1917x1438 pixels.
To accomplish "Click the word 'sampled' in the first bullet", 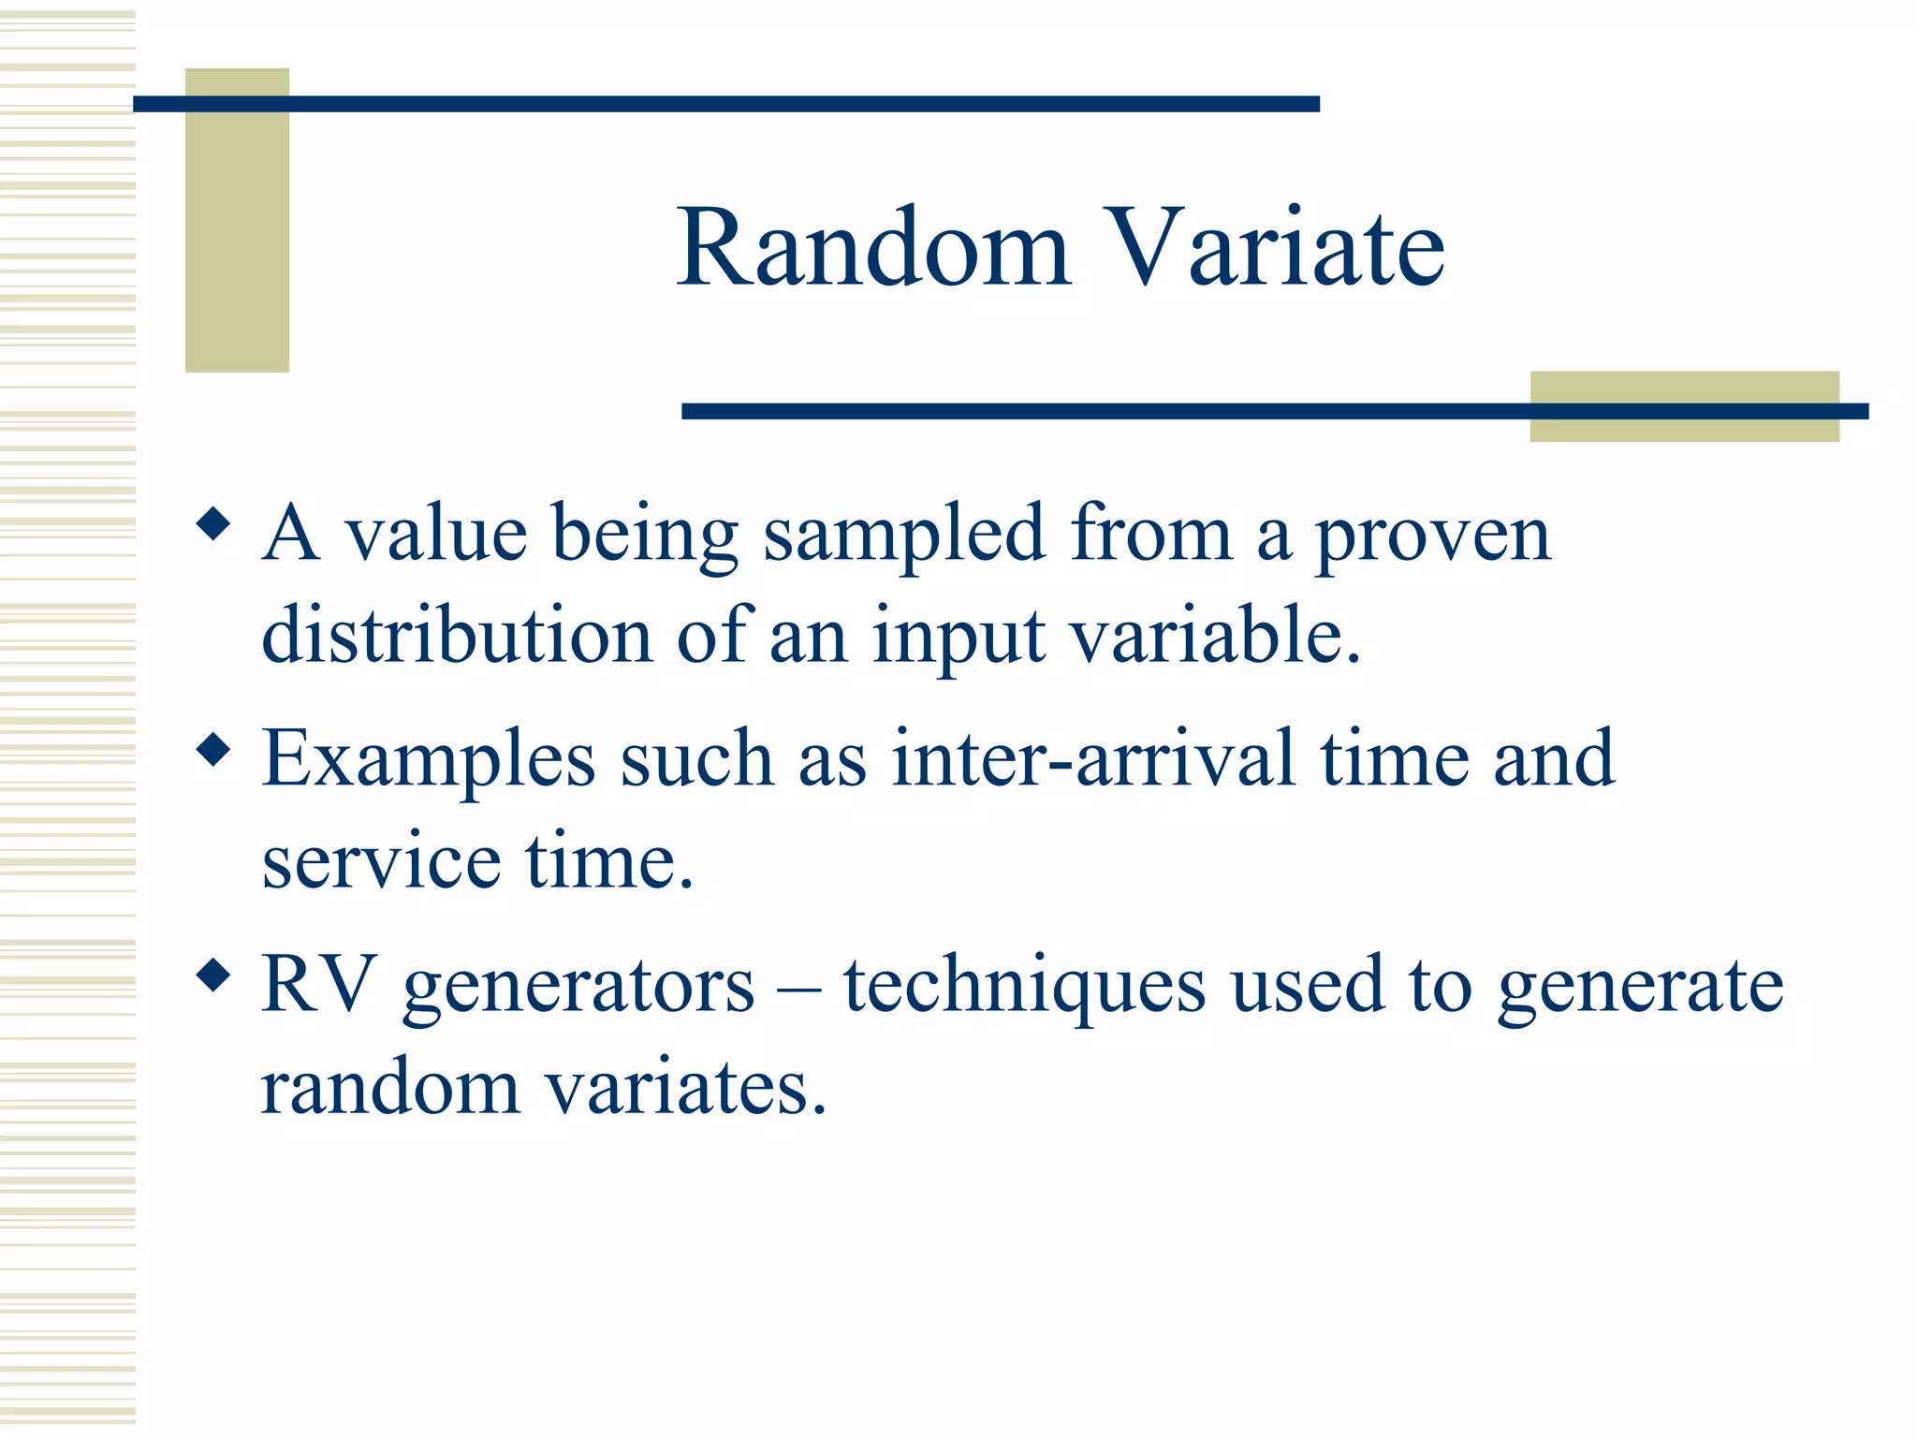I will (x=903, y=536).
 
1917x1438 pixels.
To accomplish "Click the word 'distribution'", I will (x=457, y=635).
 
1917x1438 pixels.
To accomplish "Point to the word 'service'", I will (x=381, y=861).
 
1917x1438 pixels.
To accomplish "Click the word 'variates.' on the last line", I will (x=686, y=1088).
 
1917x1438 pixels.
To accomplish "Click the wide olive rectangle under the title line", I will (x=1683, y=426).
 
